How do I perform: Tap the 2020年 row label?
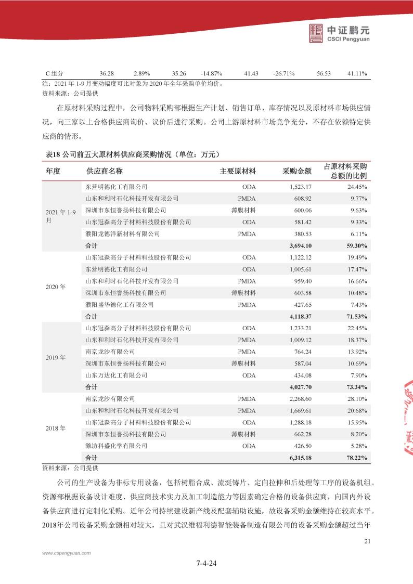[x=56, y=287]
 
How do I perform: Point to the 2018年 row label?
[x=56, y=428]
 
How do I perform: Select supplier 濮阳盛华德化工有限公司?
[x=119, y=304]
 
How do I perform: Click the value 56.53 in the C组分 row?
[x=324, y=74]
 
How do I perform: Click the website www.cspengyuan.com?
[x=64, y=554]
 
